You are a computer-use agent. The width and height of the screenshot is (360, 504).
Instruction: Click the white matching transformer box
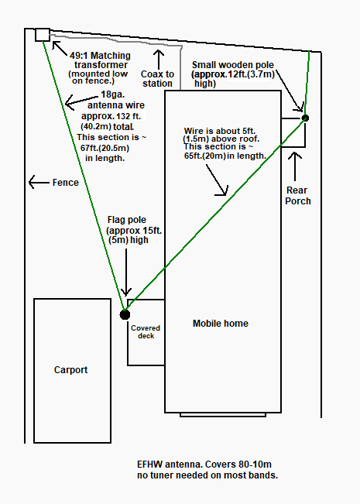point(43,35)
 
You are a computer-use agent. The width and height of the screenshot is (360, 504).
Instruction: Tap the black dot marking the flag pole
point(125,314)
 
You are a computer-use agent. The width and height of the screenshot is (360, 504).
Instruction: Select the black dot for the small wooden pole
point(305,118)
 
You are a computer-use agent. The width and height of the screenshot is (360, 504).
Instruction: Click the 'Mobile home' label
point(221,324)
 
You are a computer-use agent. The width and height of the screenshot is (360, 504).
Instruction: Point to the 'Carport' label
point(70,370)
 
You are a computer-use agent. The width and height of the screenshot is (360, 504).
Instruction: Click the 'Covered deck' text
point(146,331)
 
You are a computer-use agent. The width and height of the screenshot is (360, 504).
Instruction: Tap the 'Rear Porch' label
point(298,195)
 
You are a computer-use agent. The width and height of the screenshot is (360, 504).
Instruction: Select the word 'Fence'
point(66,183)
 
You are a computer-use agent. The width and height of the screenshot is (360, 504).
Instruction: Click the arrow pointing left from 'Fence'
point(39,182)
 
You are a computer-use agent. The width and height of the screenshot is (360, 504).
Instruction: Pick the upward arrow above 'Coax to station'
point(159,60)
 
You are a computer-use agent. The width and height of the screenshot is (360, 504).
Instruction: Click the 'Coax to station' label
point(157,79)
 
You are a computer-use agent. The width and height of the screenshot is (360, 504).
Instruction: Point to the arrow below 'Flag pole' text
point(126,273)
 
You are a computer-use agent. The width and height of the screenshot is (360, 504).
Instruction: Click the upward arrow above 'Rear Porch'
point(295,166)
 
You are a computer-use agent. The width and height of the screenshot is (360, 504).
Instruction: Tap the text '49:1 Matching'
point(101,56)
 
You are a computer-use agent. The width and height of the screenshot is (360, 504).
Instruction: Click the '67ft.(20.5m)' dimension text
point(105,148)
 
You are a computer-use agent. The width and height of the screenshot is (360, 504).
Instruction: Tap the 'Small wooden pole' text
point(233,65)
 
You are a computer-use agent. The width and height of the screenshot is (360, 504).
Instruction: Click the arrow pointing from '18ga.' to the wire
point(81,100)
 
